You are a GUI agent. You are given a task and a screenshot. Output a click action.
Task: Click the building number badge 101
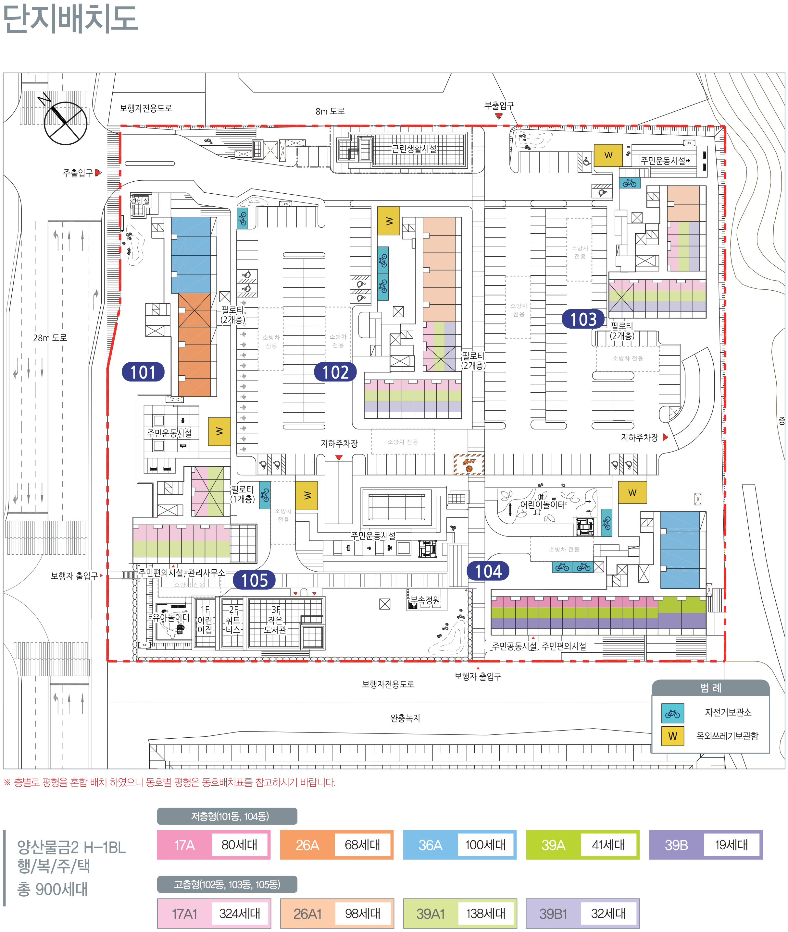[x=143, y=372]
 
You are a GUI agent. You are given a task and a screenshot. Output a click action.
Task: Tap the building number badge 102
[x=335, y=372]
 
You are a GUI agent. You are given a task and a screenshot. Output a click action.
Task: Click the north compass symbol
[x=65, y=123]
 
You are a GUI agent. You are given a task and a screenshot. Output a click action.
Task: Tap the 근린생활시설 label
[x=414, y=149]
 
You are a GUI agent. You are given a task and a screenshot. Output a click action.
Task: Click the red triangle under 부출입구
[x=499, y=116]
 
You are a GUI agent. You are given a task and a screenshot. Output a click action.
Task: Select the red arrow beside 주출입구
[x=98, y=172]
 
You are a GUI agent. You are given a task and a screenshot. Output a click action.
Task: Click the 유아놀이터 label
[x=171, y=617]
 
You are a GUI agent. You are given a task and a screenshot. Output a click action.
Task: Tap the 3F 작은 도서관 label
[x=275, y=620]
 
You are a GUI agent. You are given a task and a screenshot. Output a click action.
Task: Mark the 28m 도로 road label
[x=50, y=338]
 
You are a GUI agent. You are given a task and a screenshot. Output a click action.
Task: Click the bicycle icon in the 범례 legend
[x=672, y=713]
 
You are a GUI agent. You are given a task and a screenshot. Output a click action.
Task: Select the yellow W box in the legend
[x=672, y=736]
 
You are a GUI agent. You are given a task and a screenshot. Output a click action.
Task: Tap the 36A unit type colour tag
[x=430, y=844]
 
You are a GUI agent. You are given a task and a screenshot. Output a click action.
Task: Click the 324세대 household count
[x=239, y=913]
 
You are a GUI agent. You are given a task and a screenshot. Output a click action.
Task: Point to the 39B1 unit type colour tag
[x=553, y=913]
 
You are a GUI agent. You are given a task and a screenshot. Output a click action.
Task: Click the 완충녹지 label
[x=405, y=718]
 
